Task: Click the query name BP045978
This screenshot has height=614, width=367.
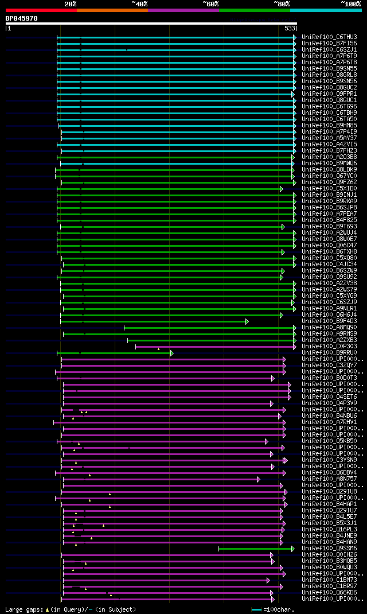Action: (x=21, y=18)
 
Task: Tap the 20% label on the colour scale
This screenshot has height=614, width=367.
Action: (x=71, y=4)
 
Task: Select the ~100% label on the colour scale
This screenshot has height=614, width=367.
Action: (x=351, y=4)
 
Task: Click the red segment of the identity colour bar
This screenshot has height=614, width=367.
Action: (x=41, y=10)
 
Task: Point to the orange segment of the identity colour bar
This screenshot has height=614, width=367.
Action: (x=112, y=10)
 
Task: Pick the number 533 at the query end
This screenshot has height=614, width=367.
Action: (x=290, y=28)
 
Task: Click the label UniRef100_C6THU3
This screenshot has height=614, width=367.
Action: (x=329, y=37)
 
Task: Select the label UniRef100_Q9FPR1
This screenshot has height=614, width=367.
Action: (x=329, y=94)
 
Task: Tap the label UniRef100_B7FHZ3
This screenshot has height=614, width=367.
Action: (x=329, y=150)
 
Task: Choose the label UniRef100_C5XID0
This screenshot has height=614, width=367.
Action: (x=329, y=188)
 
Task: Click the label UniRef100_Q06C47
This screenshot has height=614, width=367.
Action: (x=329, y=245)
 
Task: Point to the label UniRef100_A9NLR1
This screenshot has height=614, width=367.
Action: (x=329, y=308)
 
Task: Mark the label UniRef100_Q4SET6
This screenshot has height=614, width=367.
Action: (x=329, y=397)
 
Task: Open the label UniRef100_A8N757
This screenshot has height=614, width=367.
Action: (x=329, y=479)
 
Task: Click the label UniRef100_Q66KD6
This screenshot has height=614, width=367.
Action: (x=329, y=592)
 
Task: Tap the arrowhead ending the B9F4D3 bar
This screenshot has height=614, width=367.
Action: (x=247, y=321)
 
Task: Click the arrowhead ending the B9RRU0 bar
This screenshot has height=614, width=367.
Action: (x=171, y=353)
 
